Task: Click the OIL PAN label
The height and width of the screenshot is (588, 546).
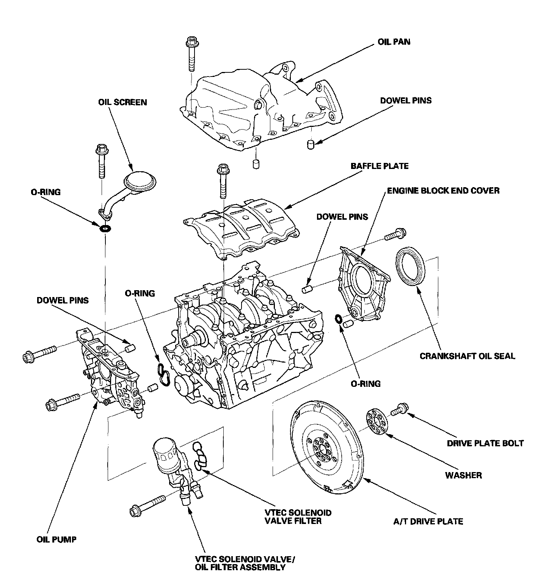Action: click(x=394, y=41)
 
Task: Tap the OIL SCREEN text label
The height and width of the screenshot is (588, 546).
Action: click(x=122, y=102)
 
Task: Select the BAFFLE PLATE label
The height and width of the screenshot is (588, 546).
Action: click(x=380, y=166)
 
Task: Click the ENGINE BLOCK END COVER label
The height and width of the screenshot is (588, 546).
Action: click(x=443, y=191)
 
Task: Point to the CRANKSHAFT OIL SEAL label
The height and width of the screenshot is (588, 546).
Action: click(x=468, y=356)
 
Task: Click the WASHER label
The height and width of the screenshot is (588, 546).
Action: click(x=463, y=475)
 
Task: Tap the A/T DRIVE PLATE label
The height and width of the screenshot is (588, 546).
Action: click(x=428, y=522)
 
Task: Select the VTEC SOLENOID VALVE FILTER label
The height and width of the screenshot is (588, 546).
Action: click(x=298, y=517)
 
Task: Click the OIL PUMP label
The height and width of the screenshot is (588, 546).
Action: click(x=56, y=539)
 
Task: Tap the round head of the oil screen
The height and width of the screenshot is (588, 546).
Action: click(x=141, y=183)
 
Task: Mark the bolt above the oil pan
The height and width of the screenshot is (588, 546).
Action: click(x=192, y=54)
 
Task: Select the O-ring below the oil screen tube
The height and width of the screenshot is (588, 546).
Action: click(x=105, y=228)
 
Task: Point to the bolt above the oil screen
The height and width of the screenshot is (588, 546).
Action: click(x=102, y=161)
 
